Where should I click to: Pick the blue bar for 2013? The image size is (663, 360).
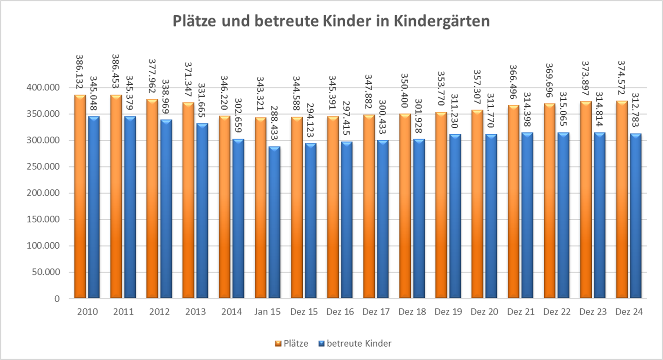[x=202, y=211]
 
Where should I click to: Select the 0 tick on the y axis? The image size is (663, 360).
[x=58, y=299]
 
